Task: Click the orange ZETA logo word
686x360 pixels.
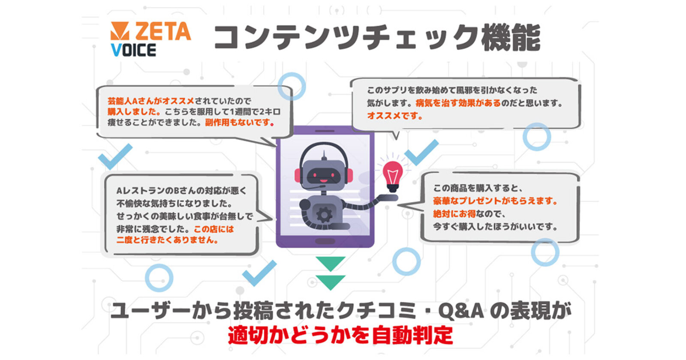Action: point(163,31)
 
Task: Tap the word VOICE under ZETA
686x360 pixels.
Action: point(133,50)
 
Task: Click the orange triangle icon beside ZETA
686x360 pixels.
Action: point(120,30)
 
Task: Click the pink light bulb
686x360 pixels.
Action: point(393,177)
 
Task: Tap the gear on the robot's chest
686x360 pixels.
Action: point(324,215)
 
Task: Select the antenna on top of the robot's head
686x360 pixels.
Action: point(324,156)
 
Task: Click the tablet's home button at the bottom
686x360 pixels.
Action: point(325,241)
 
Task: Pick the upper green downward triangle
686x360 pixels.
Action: point(331,263)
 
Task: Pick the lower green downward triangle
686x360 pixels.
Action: point(331,282)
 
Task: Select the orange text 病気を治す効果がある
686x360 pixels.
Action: point(458,103)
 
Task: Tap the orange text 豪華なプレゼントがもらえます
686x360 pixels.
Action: point(495,201)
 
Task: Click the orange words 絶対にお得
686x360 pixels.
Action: point(454,214)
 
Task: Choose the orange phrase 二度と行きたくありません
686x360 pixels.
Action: point(167,240)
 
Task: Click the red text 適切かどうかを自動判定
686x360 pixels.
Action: point(340,336)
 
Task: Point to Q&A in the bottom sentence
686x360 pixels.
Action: point(461,311)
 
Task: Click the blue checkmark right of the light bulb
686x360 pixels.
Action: point(422,152)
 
